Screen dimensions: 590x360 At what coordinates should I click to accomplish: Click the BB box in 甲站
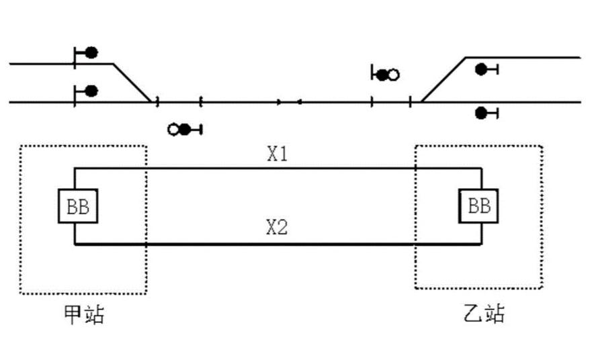[x=78, y=206]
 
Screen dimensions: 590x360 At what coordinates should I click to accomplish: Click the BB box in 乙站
[x=478, y=206]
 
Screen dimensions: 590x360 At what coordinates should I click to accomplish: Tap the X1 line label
[x=278, y=154]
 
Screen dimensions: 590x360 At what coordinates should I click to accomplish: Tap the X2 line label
[x=277, y=227]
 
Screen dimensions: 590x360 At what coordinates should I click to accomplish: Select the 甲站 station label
[x=84, y=314]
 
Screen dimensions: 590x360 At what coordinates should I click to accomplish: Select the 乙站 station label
[x=484, y=313]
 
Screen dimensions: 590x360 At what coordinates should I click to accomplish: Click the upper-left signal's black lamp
[x=91, y=52]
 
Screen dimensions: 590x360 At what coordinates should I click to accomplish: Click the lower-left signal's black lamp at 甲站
[x=91, y=91]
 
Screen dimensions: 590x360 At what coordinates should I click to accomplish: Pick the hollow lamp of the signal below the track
[x=173, y=130]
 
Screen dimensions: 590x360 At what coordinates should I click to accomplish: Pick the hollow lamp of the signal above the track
[x=393, y=75]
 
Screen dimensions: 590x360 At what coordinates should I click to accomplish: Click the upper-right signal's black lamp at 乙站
[x=481, y=69]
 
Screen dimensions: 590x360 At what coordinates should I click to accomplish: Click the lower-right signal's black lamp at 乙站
[x=481, y=113]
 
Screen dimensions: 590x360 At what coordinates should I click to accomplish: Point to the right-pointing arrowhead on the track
[x=279, y=102]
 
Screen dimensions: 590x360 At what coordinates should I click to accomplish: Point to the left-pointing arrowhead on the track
[x=299, y=102]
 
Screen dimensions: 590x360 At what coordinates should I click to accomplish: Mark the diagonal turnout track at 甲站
[x=132, y=83]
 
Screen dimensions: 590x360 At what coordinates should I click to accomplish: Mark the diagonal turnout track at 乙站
[x=444, y=80]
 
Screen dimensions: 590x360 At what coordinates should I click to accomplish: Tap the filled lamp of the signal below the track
[x=184, y=130]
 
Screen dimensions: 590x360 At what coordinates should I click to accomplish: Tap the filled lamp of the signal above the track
[x=382, y=75]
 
